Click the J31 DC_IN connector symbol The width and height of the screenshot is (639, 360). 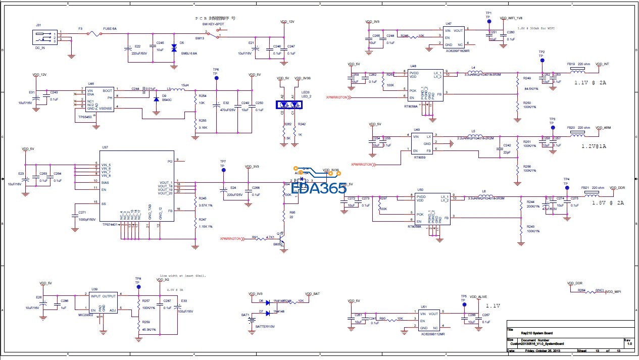pyautogui.click(x=43, y=38)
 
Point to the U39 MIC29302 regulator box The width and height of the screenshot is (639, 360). pyautogui.click(x=103, y=303)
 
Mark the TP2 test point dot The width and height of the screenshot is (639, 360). pyautogui.click(x=542, y=60)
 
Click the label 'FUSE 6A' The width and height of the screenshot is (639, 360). pyautogui.click(x=110, y=29)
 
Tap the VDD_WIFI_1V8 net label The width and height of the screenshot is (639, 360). pyautogui.click(x=514, y=18)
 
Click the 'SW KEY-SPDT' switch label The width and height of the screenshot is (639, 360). pyautogui.click(x=213, y=24)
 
